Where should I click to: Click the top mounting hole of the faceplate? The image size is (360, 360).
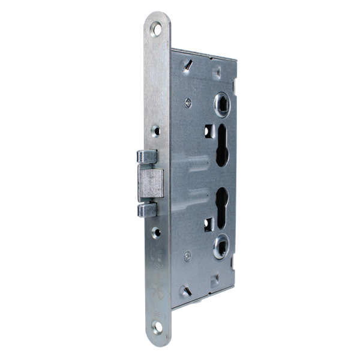(157, 28)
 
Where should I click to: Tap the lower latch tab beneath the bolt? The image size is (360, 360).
(148, 209)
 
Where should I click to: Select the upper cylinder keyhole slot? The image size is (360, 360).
(221, 145)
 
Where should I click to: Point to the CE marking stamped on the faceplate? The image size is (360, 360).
(157, 262)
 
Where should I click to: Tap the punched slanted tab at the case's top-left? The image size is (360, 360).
(188, 63)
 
